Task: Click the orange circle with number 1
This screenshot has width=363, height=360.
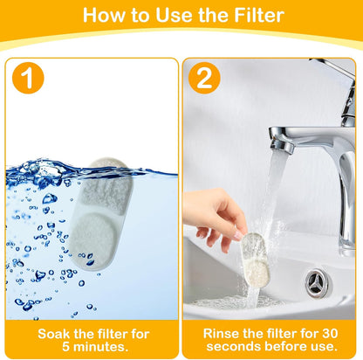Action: point(30,80)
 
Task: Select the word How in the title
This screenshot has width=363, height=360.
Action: point(102,16)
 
